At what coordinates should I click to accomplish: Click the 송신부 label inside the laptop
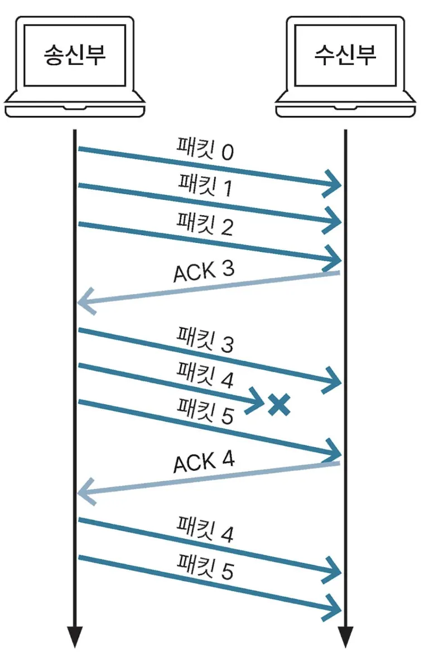[x=75, y=55]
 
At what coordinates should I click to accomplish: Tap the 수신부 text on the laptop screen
[x=345, y=55]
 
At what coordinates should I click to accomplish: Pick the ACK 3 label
[x=204, y=271]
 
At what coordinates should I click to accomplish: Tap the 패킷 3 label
[x=205, y=339]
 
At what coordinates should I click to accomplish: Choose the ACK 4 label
[x=204, y=462]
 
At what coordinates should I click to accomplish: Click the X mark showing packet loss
[x=279, y=404]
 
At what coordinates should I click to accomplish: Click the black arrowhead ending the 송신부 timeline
[x=75, y=636]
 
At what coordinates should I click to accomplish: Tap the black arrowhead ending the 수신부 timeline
[x=345, y=636]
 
